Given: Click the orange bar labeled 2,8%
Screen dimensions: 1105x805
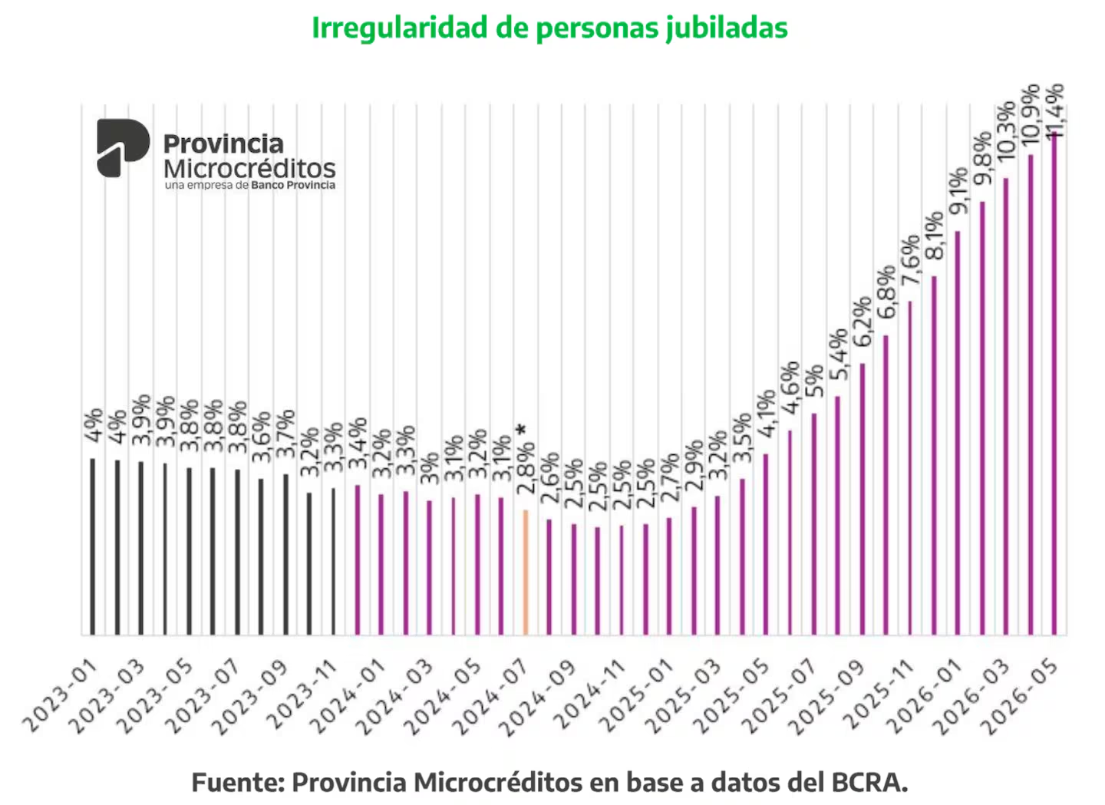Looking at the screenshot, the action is tap(526, 572).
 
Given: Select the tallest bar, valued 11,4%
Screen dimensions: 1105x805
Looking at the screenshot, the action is tap(1054, 383).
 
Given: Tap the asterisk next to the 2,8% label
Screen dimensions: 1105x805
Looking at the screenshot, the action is tap(521, 431).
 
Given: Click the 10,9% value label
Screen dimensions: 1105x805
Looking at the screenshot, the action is tap(1030, 115).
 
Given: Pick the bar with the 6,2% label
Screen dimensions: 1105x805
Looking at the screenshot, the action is tap(863, 499).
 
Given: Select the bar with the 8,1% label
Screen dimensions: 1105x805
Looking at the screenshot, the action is tap(934, 455).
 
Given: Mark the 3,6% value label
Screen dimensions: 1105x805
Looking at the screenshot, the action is tap(262, 437).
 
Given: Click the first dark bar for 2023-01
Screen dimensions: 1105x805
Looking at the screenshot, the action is tap(92, 546).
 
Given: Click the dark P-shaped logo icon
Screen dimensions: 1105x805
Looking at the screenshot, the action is tap(123, 147).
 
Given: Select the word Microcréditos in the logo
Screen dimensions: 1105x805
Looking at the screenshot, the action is tap(249, 168).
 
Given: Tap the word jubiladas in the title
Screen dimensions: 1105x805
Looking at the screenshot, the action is tap(726, 28).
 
